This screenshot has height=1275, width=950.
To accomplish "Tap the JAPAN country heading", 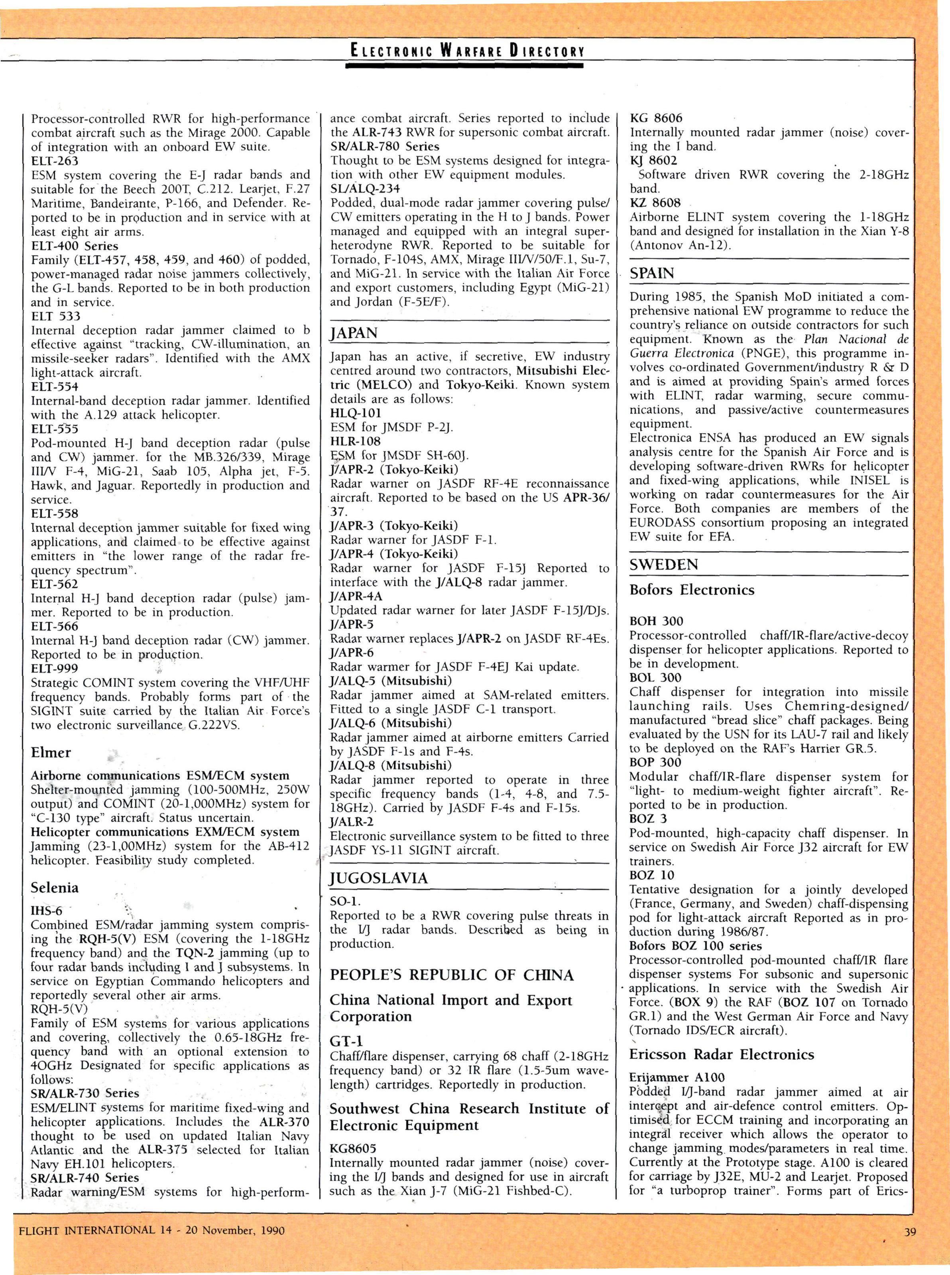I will point(354,333).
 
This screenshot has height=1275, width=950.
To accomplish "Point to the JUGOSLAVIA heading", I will point(378,878).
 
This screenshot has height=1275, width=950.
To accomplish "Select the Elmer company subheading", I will point(51,752).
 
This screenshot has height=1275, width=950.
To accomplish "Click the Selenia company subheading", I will point(55,887).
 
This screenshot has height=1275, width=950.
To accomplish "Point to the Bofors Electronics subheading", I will point(691,590).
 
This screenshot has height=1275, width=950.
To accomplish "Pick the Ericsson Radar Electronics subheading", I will point(721,1054).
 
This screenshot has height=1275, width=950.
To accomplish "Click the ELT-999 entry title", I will point(55,669).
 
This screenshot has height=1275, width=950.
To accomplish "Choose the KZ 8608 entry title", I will point(655,203).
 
